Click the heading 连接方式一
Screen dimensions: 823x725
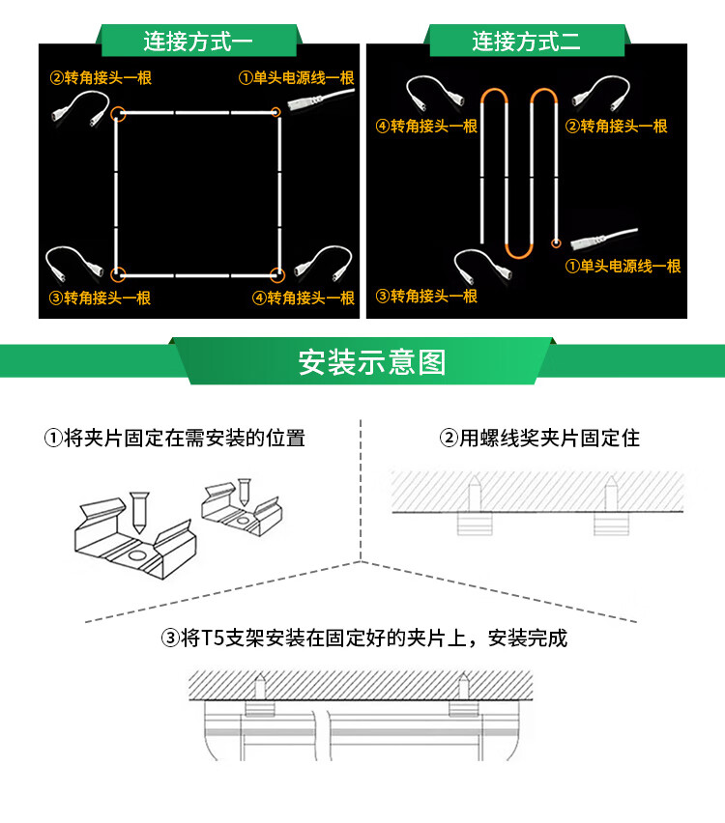[197, 42]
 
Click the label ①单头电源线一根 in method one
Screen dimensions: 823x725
[296, 78]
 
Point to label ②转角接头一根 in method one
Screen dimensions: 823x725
[101, 78]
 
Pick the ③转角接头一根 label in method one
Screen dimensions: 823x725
[101, 298]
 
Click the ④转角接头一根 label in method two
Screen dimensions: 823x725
[426, 127]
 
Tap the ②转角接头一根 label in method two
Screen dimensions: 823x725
[617, 127]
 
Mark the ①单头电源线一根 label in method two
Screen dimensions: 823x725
[623, 267]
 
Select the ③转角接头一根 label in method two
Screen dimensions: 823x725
[426, 297]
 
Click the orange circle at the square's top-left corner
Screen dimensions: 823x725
[118, 114]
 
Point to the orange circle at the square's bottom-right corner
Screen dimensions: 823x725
[276, 274]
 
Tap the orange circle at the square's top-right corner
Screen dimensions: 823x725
[276, 113]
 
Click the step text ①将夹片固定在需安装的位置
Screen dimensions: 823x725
[174, 439]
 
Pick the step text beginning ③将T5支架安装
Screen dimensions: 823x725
[364, 639]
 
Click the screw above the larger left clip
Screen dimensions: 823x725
[137, 512]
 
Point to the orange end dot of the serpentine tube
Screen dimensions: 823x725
[556, 242]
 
